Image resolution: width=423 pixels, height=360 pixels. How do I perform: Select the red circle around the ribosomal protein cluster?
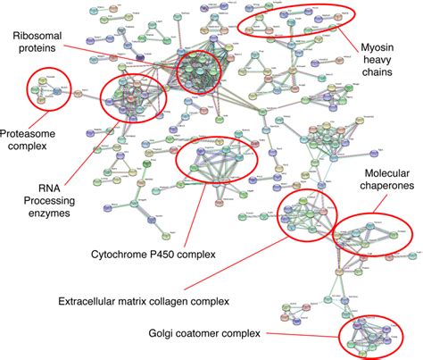pos(178,75)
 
